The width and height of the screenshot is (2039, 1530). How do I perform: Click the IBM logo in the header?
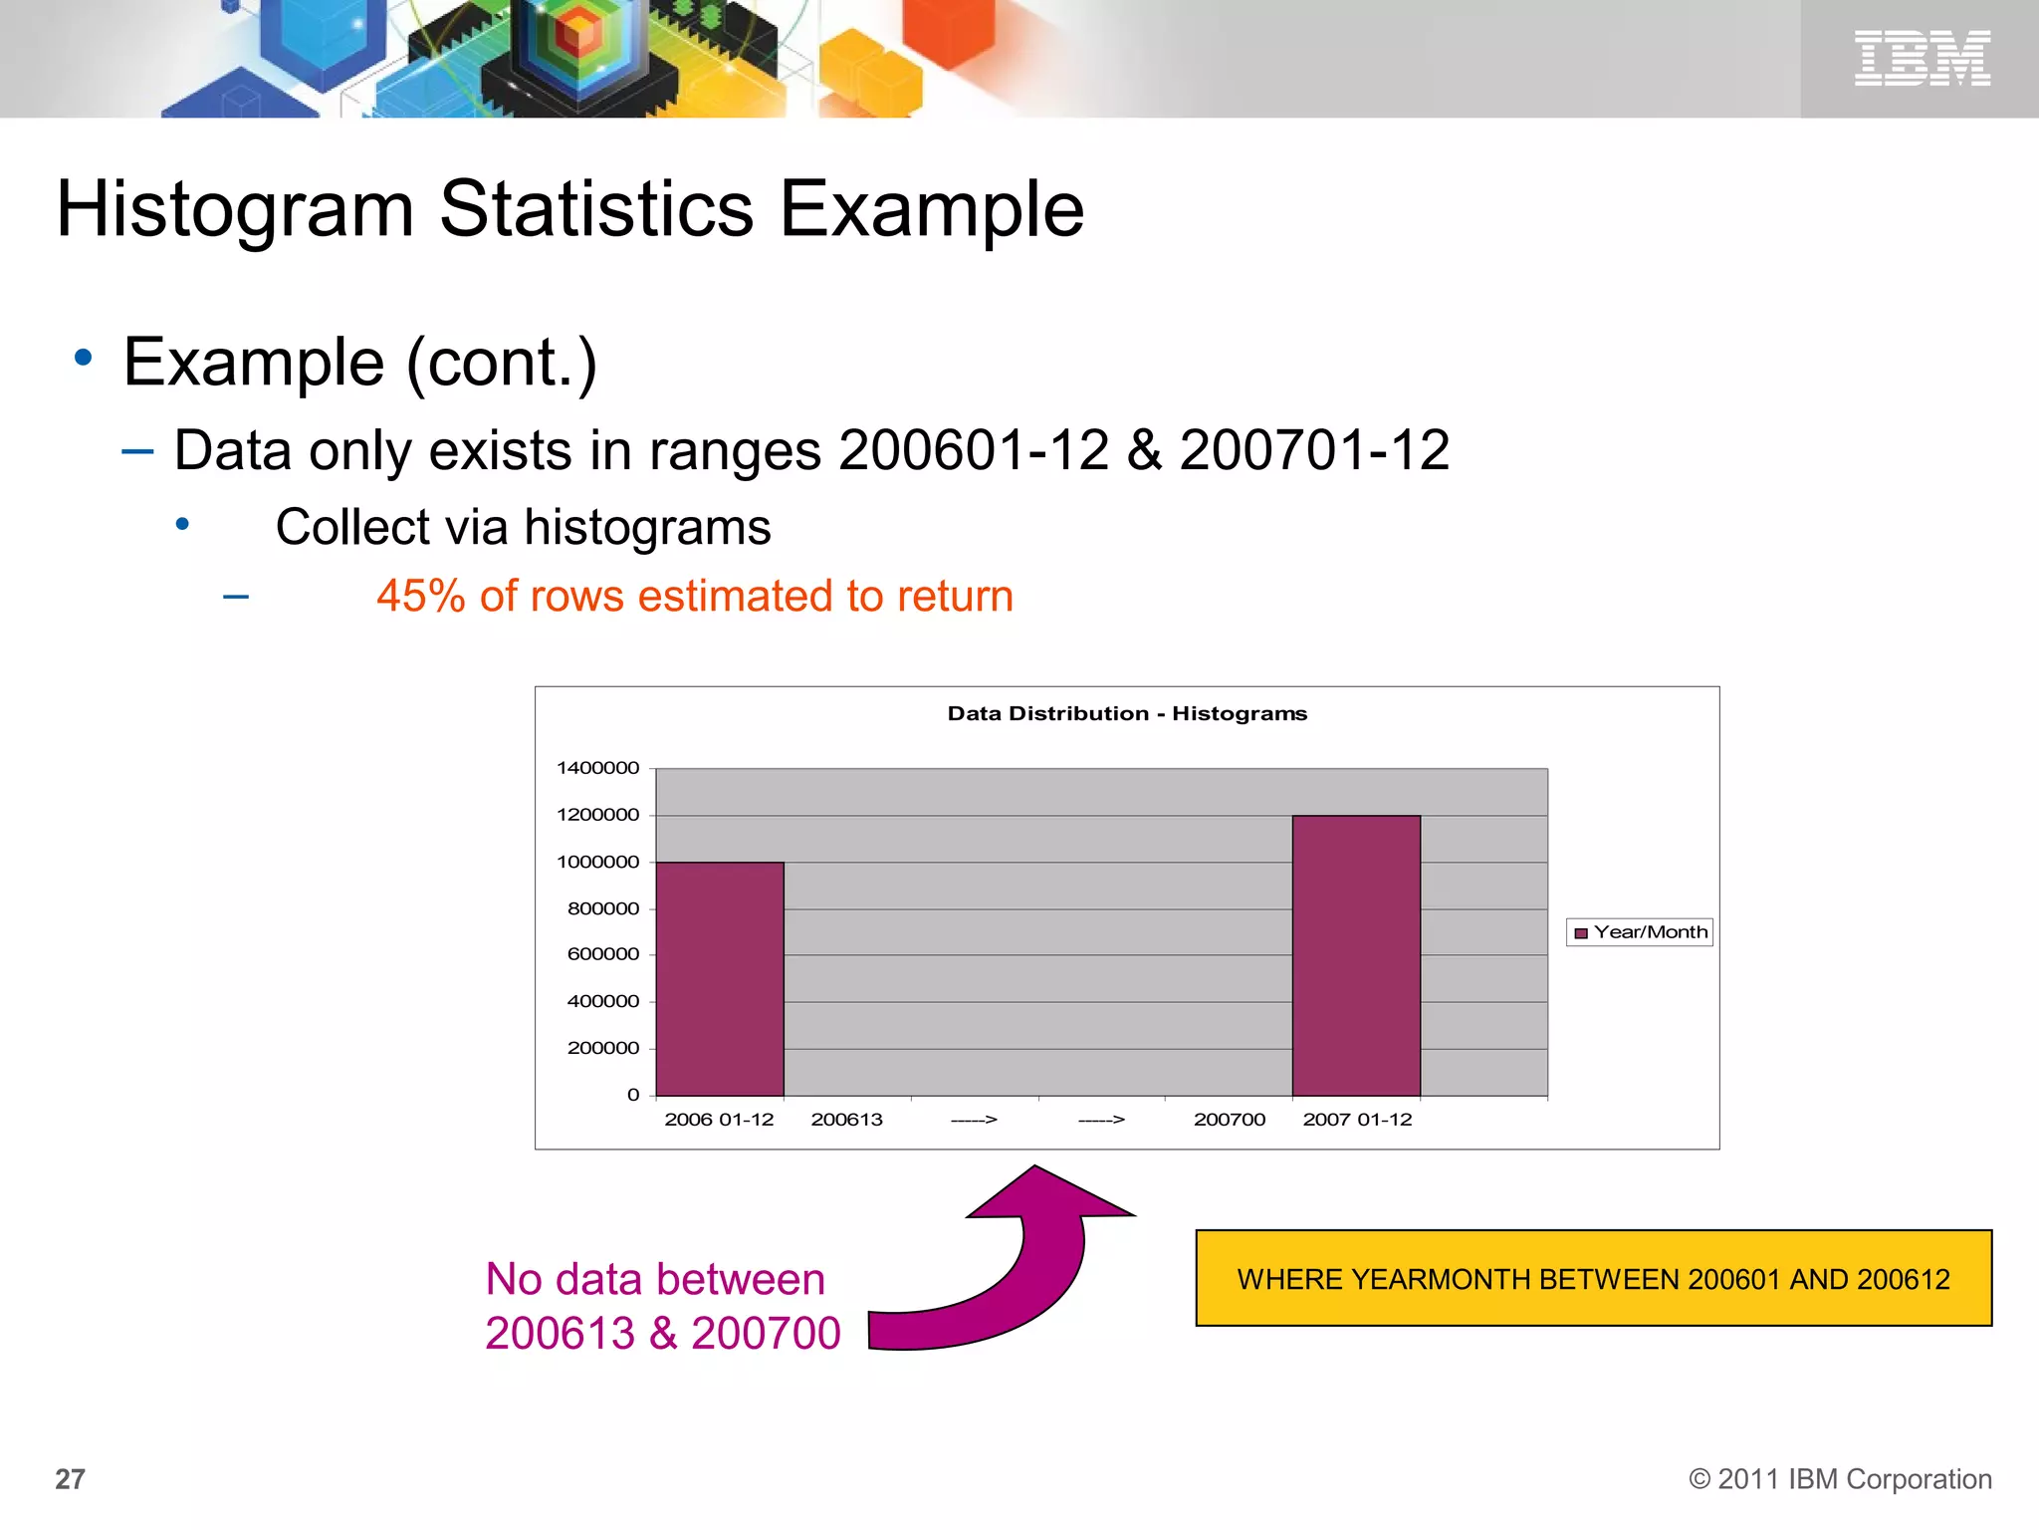point(1922,58)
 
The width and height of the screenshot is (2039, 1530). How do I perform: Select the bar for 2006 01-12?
point(720,978)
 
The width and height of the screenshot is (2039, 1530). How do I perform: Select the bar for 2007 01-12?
point(1356,955)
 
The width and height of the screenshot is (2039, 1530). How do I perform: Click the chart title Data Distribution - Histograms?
point(1127,713)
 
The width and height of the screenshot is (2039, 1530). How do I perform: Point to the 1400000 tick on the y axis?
point(598,768)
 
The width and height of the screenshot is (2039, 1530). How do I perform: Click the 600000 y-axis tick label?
point(603,954)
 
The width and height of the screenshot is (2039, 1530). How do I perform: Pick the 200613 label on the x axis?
point(846,1120)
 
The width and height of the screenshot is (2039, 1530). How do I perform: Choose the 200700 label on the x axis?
point(1230,1120)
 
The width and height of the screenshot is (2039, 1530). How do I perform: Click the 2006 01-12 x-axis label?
point(719,1120)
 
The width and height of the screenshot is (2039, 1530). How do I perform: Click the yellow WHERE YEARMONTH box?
point(1593,1279)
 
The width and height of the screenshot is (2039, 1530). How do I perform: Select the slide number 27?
point(70,1479)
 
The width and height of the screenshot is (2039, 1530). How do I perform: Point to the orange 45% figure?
point(421,596)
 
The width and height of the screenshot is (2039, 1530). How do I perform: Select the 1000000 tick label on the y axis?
point(598,862)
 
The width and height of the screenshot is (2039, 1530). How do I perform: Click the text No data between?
point(655,1279)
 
